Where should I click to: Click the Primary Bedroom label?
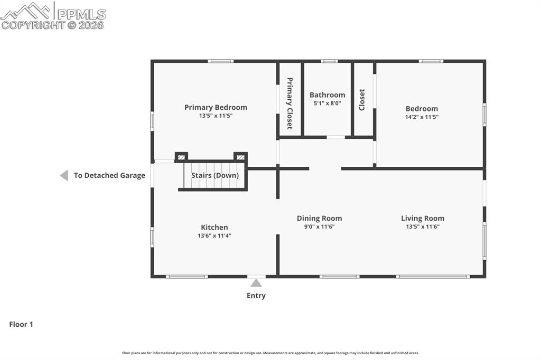pos(216,107)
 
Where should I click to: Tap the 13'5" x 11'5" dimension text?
pos(216,116)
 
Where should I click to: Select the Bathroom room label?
pos(327,95)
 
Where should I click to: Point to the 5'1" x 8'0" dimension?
pos(327,103)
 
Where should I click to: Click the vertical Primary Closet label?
pos(290,103)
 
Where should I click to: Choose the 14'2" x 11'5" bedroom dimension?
pos(422,117)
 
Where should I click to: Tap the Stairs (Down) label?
pos(214,175)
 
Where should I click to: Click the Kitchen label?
pos(214,228)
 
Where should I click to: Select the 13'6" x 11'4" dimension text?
pos(214,236)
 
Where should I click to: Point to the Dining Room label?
pos(319,218)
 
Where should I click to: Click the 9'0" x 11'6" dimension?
pos(319,226)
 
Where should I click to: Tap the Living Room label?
pos(422,218)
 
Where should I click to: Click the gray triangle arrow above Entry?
pos(256,283)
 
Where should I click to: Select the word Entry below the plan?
pos(256,296)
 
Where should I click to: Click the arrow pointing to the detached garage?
pos(64,175)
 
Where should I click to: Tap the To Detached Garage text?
pos(109,175)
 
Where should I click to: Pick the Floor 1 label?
pos(21,325)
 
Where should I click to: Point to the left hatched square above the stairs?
pos(181,157)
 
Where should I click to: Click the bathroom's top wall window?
pos(329,61)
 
